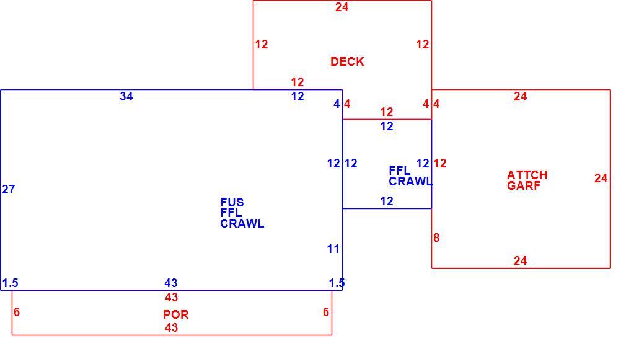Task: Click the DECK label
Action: (347, 61)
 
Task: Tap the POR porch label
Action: (175, 314)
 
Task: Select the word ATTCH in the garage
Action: (527, 175)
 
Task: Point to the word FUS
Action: (232, 202)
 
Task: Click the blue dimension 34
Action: (126, 96)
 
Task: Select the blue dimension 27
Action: (9, 189)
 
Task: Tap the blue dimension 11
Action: (333, 249)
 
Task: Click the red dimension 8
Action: (436, 238)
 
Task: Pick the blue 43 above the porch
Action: (171, 283)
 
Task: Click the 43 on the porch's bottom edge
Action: (171, 327)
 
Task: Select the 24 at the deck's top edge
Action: (342, 7)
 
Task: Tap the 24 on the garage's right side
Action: (601, 178)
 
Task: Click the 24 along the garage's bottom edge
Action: (520, 261)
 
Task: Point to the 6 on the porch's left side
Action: (16, 312)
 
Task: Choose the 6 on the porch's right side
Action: (326, 312)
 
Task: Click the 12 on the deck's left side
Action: (262, 45)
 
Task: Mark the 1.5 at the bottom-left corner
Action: (11, 283)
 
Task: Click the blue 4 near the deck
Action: (337, 104)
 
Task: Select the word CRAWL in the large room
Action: (242, 224)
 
